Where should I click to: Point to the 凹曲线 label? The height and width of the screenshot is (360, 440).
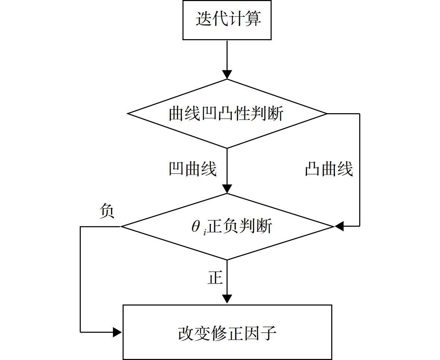point(193,169)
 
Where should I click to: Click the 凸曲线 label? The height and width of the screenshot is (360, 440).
point(329,169)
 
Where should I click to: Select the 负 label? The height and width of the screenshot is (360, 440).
point(107,211)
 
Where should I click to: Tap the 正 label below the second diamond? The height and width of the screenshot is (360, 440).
point(215,277)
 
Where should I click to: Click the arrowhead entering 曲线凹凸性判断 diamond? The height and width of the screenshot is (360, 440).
point(227,74)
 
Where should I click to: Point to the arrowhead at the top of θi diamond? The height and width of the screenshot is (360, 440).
point(227,189)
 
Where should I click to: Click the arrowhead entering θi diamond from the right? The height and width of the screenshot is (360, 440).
point(339,226)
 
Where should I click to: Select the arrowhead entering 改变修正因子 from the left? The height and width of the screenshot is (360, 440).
point(117,332)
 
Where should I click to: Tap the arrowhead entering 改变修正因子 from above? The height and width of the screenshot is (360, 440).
point(227,299)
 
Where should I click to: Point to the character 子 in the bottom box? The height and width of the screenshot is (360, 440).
point(269,333)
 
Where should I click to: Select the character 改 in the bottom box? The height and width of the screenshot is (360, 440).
point(186,333)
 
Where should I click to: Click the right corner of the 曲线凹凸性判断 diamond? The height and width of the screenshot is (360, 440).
point(327,114)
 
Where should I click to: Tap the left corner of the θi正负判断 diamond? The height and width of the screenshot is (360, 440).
point(121,227)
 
